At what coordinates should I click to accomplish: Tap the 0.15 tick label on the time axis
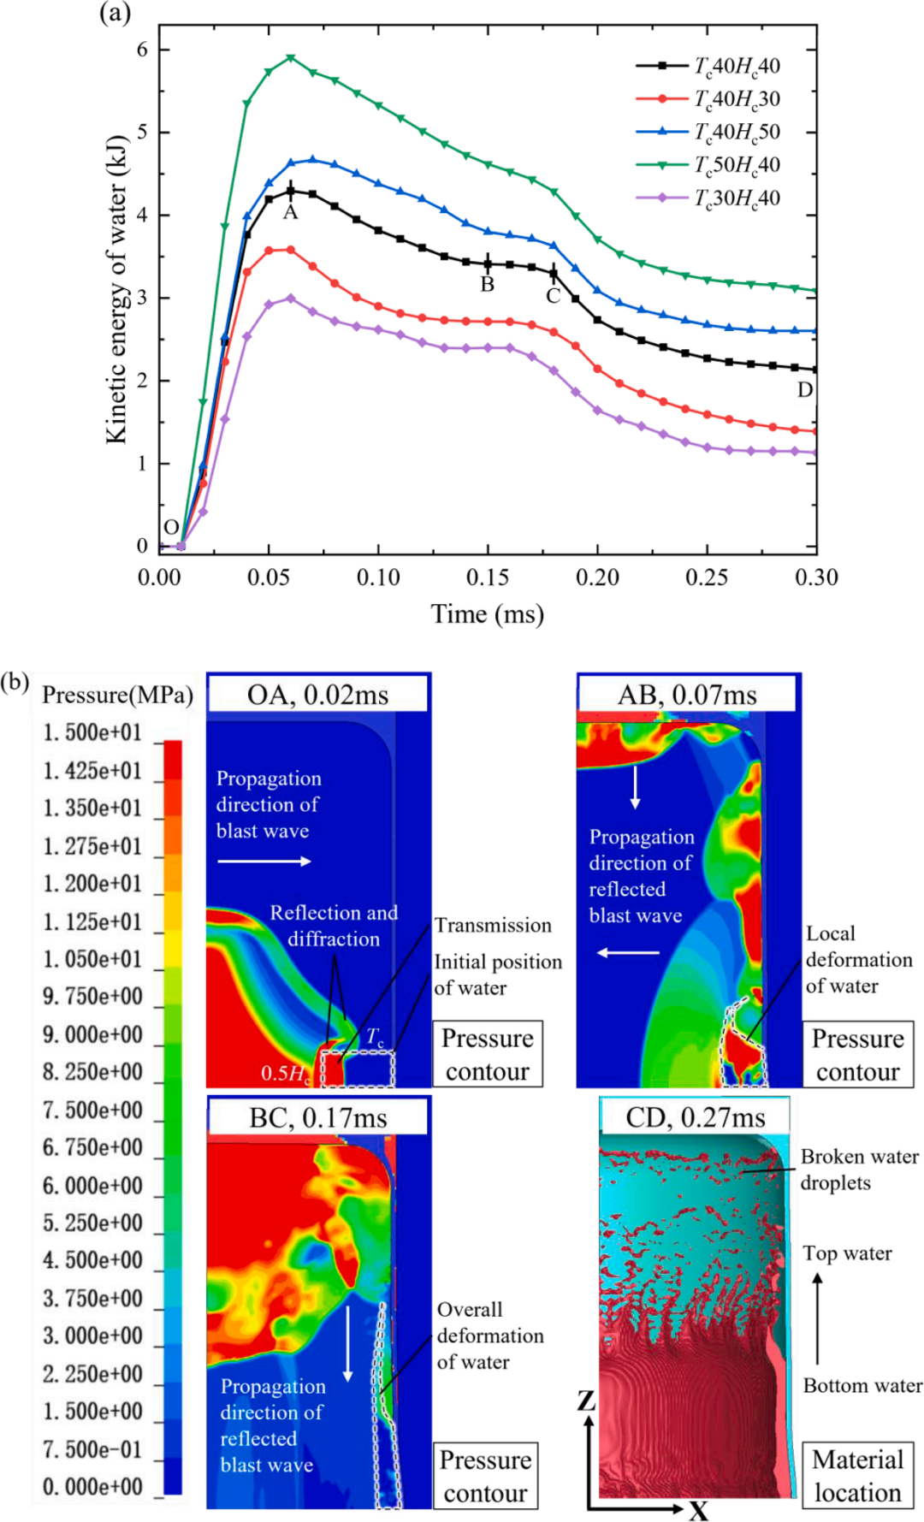488,578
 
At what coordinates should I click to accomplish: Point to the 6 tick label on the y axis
142,50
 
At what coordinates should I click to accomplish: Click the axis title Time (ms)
487,614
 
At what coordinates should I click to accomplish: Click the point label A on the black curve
291,212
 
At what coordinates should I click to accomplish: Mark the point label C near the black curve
554,296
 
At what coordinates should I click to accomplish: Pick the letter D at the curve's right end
805,390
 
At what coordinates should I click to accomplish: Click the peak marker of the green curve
291,58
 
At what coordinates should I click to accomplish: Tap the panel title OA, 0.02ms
317,695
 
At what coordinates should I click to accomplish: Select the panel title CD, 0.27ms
695,1117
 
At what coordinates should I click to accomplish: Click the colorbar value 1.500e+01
92,733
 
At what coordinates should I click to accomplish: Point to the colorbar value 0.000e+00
92,1487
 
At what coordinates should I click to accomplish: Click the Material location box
857,1476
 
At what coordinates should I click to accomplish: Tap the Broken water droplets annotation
859,1170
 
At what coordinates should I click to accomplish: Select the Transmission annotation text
493,925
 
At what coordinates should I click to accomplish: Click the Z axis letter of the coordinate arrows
586,1401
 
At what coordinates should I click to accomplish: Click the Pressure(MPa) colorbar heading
117,695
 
